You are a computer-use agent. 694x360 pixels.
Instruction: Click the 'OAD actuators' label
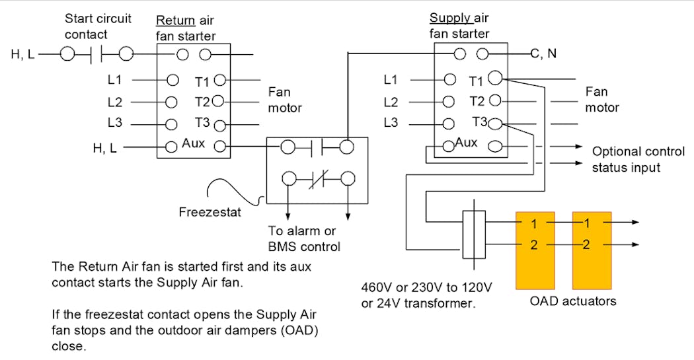(573, 302)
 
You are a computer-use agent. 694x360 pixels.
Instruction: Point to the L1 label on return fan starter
(115, 80)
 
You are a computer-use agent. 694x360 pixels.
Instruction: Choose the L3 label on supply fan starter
(391, 123)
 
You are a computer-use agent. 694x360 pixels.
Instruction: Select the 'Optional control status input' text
(638, 160)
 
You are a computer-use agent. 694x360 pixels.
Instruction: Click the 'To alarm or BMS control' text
(304, 239)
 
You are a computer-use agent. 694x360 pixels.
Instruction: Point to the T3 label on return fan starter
(202, 123)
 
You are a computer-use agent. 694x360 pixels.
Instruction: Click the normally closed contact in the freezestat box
(317, 178)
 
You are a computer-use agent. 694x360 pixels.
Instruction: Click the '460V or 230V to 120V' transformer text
(427, 288)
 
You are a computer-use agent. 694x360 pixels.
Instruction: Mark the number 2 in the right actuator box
(586, 245)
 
